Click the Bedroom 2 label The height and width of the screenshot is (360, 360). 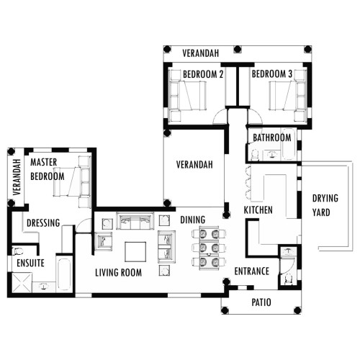tap(203, 74)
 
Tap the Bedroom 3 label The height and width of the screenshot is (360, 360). tap(272, 74)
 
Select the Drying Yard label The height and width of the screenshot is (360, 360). tap(325, 205)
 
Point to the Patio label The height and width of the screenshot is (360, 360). tap(261, 302)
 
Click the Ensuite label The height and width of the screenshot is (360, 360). tap(30, 263)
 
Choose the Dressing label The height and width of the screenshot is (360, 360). tap(43, 223)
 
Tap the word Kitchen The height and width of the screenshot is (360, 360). tap(258, 210)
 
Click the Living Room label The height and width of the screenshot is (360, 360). tap(118, 273)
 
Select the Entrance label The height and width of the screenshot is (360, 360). tap(251, 271)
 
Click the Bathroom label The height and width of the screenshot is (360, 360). tap(272, 138)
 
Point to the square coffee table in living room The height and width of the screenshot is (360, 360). tap(135, 251)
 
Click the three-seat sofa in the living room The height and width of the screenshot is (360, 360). tap(134, 221)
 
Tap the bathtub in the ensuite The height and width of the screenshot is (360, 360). tap(64, 274)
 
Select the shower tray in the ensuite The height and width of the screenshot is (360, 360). tap(22, 282)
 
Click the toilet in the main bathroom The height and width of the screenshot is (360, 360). tap(254, 155)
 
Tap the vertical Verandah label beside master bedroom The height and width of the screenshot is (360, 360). tap(17, 177)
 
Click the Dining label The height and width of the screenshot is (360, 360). tap(193, 220)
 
